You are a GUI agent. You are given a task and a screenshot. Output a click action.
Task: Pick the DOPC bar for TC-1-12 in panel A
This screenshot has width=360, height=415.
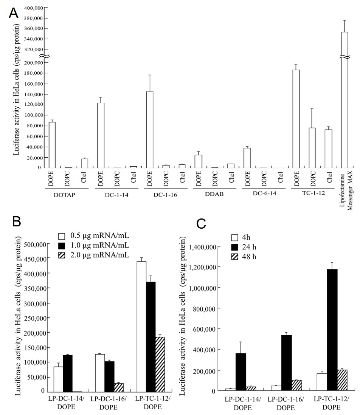[312, 148]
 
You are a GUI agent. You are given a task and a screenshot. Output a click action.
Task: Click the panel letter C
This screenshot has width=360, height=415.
[202, 224]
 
